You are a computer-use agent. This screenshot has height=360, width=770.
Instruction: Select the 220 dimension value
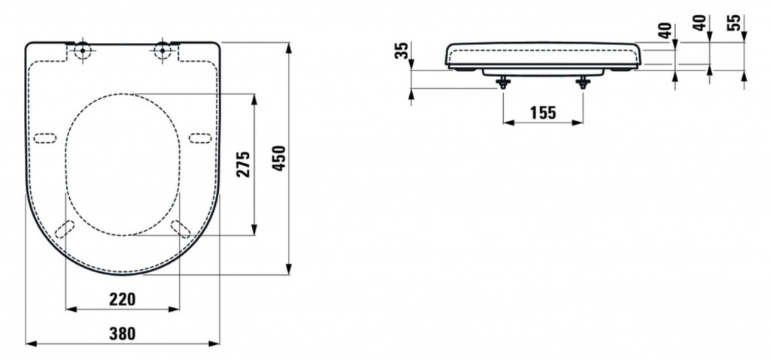click(x=123, y=299)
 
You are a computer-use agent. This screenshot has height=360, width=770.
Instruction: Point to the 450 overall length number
click(x=279, y=159)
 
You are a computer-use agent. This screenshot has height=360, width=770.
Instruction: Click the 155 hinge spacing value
click(x=541, y=113)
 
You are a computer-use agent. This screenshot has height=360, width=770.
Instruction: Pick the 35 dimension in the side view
click(x=402, y=51)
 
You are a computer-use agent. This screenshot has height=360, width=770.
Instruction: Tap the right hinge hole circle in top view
click(x=161, y=51)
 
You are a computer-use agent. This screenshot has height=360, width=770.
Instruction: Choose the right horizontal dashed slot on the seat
click(x=200, y=137)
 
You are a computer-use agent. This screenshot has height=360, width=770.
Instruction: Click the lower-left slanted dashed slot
click(x=66, y=228)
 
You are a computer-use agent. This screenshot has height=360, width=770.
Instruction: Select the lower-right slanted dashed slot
click(x=180, y=228)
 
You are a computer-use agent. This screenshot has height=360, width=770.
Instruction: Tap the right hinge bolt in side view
click(x=583, y=83)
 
